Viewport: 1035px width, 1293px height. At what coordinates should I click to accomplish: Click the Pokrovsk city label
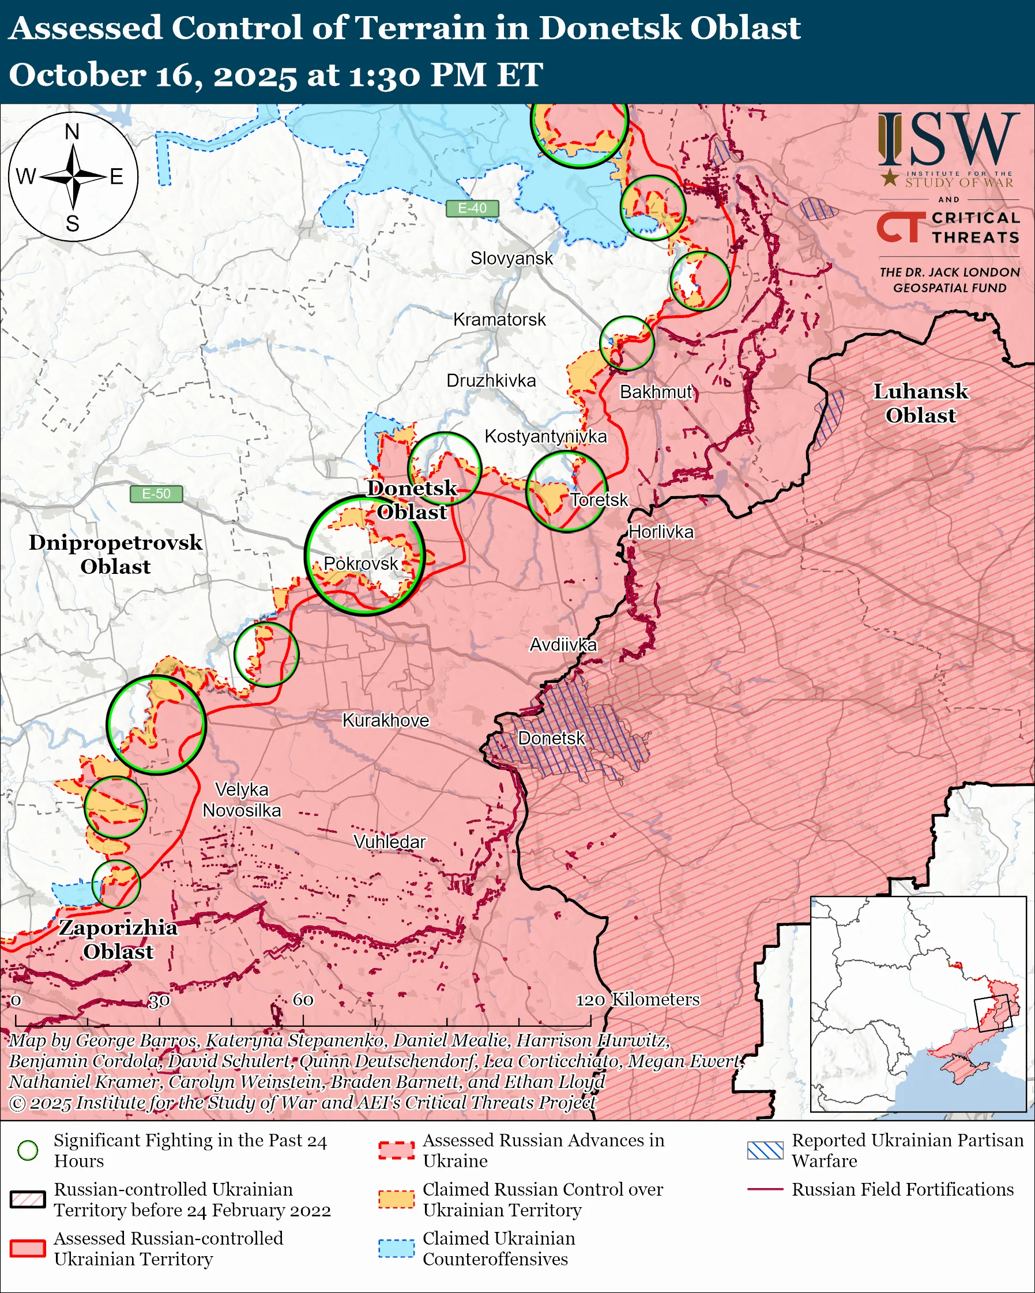360,563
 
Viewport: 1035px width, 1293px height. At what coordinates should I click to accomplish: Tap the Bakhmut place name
656,392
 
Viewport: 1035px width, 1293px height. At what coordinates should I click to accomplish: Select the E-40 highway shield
472,208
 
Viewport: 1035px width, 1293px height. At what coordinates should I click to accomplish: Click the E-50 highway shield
156,494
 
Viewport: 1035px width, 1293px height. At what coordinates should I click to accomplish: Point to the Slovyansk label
511,259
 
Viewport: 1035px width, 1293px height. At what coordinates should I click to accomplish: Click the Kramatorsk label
499,320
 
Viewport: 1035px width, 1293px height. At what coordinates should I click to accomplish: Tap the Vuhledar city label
389,842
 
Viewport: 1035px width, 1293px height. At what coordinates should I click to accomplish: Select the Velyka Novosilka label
242,800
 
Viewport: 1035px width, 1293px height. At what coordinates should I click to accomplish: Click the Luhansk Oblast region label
920,403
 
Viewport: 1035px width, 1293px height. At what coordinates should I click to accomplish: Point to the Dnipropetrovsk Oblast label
115,554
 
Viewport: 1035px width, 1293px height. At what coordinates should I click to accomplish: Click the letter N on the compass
72,131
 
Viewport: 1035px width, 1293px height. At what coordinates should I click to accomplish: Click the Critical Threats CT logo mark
901,227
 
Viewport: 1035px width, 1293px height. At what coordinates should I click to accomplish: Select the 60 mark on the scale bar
303,1000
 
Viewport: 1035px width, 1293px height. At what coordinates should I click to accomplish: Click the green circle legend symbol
28,1150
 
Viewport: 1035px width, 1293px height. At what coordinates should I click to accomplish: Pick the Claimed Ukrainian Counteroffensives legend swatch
396,1248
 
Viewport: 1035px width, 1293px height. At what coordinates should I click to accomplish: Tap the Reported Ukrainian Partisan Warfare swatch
765,1150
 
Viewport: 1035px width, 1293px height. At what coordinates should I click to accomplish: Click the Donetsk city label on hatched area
551,738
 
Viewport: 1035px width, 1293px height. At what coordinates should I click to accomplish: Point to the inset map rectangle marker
993,1013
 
